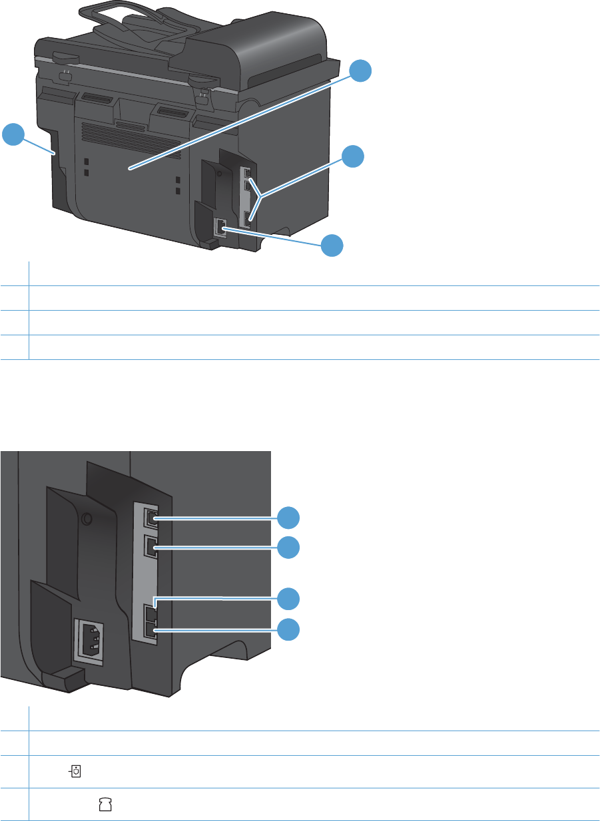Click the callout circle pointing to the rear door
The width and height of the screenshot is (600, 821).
360,70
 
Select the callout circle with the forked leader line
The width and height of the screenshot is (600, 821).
353,157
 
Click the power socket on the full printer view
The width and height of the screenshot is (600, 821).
219,228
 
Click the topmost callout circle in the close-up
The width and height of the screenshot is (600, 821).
288,517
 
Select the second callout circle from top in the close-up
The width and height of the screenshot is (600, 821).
288,548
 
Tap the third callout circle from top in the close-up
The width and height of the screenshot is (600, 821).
288,599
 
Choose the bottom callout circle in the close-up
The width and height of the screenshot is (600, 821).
288,629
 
